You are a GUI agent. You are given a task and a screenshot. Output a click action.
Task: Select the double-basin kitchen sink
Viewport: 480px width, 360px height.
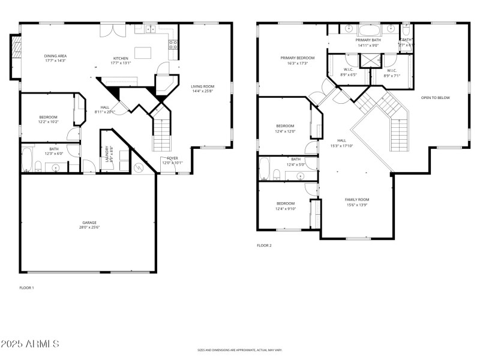click(x=148, y=28)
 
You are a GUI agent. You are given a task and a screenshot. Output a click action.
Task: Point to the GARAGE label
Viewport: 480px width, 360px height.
click(x=89, y=222)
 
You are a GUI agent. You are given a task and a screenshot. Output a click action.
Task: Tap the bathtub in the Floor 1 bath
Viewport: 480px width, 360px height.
click(x=26, y=160)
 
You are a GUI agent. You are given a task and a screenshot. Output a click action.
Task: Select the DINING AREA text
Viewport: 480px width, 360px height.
click(x=55, y=56)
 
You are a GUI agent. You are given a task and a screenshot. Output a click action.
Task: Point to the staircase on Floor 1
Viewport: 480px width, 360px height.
click(x=162, y=133)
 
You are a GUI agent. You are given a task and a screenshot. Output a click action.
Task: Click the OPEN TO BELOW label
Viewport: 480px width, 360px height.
click(x=435, y=98)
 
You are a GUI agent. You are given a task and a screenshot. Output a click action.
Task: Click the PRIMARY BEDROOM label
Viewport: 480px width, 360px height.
click(x=297, y=58)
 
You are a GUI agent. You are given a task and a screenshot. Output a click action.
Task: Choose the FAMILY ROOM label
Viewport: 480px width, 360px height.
click(x=356, y=199)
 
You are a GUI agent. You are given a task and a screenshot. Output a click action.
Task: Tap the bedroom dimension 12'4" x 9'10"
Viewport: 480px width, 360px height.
click(x=286, y=208)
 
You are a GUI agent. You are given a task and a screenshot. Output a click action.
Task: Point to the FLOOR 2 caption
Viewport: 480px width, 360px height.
click(x=264, y=245)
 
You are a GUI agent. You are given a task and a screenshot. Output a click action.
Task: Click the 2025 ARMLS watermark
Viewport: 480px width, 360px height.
click(x=30, y=344)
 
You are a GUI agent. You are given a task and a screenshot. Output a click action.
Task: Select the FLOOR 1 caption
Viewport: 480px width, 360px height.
click(x=27, y=288)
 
